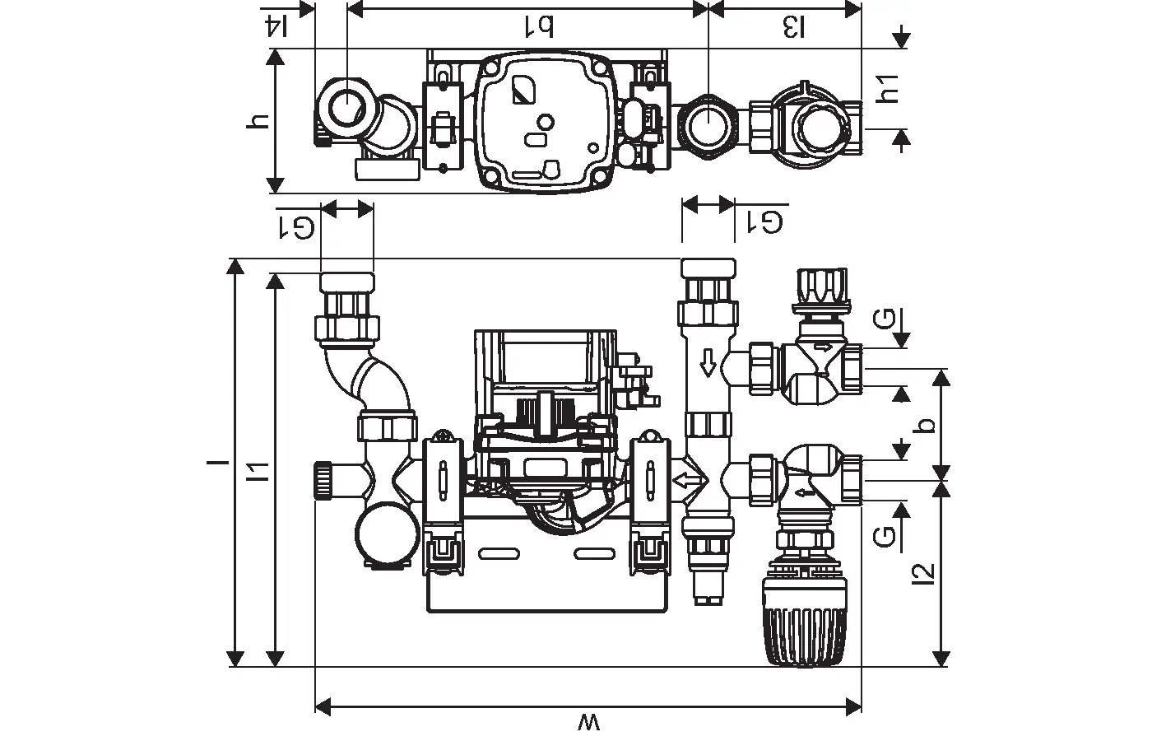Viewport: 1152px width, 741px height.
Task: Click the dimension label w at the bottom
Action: tap(589, 724)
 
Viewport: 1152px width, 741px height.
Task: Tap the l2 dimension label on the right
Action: tap(926, 574)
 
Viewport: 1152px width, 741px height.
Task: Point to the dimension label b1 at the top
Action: tap(536, 27)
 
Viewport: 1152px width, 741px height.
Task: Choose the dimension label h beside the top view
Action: tap(258, 120)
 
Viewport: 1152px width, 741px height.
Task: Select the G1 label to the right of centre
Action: tap(764, 221)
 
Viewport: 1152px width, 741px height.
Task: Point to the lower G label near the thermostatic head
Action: tap(884, 537)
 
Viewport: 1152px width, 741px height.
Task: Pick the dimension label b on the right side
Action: tap(927, 426)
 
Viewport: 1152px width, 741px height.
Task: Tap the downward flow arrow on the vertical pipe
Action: tap(706, 362)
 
